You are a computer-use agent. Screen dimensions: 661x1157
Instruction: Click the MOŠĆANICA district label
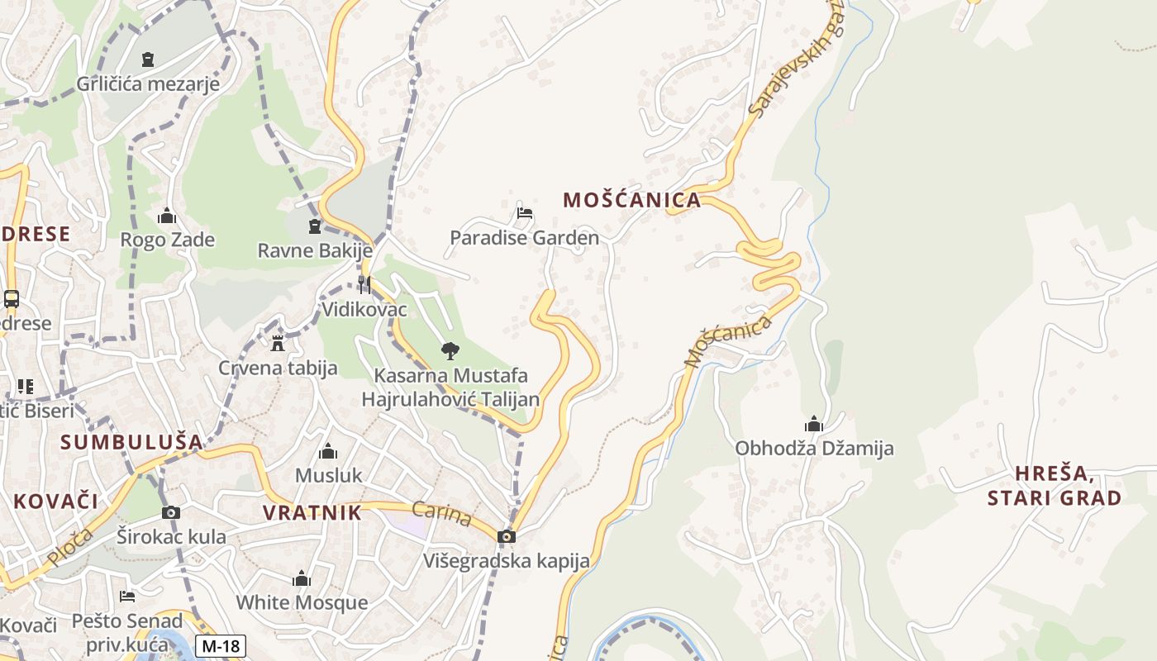(x=631, y=200)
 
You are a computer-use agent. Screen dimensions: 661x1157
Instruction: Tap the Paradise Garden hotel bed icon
(x=524, y=213)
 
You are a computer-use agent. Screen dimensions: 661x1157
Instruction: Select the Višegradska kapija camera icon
(x=507, y=537)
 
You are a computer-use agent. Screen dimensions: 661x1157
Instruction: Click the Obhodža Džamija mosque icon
(x=814, y=425)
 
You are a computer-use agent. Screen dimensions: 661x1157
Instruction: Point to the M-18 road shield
(x=221, y=645)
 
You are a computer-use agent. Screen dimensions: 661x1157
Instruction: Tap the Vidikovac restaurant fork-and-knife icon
(x=364, y=285)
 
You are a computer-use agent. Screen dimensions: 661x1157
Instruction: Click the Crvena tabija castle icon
(x=278, y=343)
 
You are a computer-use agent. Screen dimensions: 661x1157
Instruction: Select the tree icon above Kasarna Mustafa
(x=450, y=351)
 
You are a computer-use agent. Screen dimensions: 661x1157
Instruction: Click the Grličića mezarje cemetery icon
(x=148, y=59)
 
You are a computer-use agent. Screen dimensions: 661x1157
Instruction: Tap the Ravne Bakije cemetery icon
(x=314, y=226)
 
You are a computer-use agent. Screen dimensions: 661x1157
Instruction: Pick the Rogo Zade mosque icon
(x=167, y=216)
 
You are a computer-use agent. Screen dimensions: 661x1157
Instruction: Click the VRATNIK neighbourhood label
(x=312, y=512)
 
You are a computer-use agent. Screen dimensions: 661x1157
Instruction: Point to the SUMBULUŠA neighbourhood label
(x=131, y=442)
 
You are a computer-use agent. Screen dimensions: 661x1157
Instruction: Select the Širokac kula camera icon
(x=171, y=512)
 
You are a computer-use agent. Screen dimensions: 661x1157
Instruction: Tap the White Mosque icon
(x=302, y=578)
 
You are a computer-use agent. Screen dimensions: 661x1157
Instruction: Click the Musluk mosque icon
(x=328, y=451)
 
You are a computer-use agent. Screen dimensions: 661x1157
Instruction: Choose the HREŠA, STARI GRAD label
(x=1055, y=486)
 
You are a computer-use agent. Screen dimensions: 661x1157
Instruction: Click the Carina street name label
(x=441, y=514)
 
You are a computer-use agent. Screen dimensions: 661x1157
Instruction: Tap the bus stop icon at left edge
(x=12, y=299)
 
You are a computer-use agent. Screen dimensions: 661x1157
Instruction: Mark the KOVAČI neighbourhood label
(x=55, y=501)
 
